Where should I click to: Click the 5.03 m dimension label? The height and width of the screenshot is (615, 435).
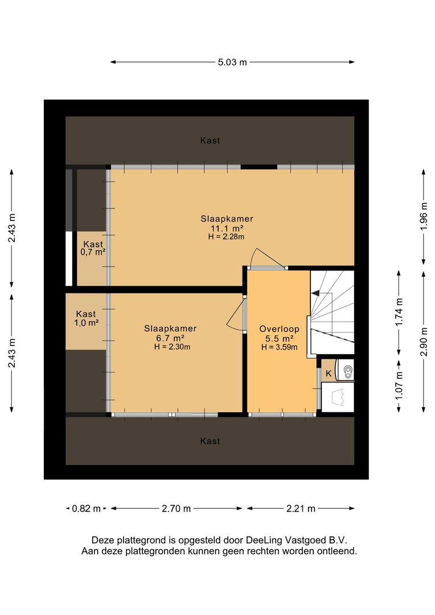tap(233, 62)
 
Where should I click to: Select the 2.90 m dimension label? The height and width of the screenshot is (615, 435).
tap(424, 342)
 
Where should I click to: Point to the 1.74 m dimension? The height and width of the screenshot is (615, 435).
tap(399, 312)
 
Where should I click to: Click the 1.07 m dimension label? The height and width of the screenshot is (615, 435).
tap(399, 386)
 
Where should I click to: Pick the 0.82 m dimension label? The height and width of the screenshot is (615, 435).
tap(87, 509)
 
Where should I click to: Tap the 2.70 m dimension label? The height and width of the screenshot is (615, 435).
tap(176, 509)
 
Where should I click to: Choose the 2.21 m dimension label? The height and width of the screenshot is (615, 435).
tap(301, 509)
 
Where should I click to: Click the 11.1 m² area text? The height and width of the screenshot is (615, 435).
tap(227, 228)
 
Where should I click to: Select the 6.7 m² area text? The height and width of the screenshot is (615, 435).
tap(170, 338)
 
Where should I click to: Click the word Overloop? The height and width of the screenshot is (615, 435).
tap(280, 329)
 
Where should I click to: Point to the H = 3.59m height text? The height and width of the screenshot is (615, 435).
tap(280, 347)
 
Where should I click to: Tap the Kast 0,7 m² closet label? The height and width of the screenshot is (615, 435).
tap(93, 248)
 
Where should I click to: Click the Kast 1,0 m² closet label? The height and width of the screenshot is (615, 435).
tap(86, 318)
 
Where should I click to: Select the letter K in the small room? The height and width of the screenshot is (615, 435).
tap(329, 374)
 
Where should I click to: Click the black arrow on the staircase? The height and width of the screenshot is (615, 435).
tap(315, 293)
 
